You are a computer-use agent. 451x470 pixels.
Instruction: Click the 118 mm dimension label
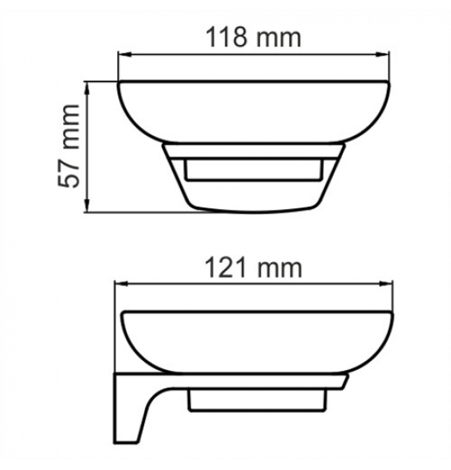253,38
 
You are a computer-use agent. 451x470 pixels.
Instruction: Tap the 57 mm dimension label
68,146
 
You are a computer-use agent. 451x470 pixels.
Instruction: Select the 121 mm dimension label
253,268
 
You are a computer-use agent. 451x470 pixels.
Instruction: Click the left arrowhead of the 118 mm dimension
125,54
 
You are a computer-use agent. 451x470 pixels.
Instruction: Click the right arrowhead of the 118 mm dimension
382,54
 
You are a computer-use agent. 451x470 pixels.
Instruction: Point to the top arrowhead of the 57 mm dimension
87,89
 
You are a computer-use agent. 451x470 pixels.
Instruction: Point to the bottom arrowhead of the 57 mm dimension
87,205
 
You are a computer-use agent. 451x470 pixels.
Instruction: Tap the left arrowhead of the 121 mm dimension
121,283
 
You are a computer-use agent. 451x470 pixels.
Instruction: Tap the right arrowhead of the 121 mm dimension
386,283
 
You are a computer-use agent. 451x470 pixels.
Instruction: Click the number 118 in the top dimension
226,38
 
